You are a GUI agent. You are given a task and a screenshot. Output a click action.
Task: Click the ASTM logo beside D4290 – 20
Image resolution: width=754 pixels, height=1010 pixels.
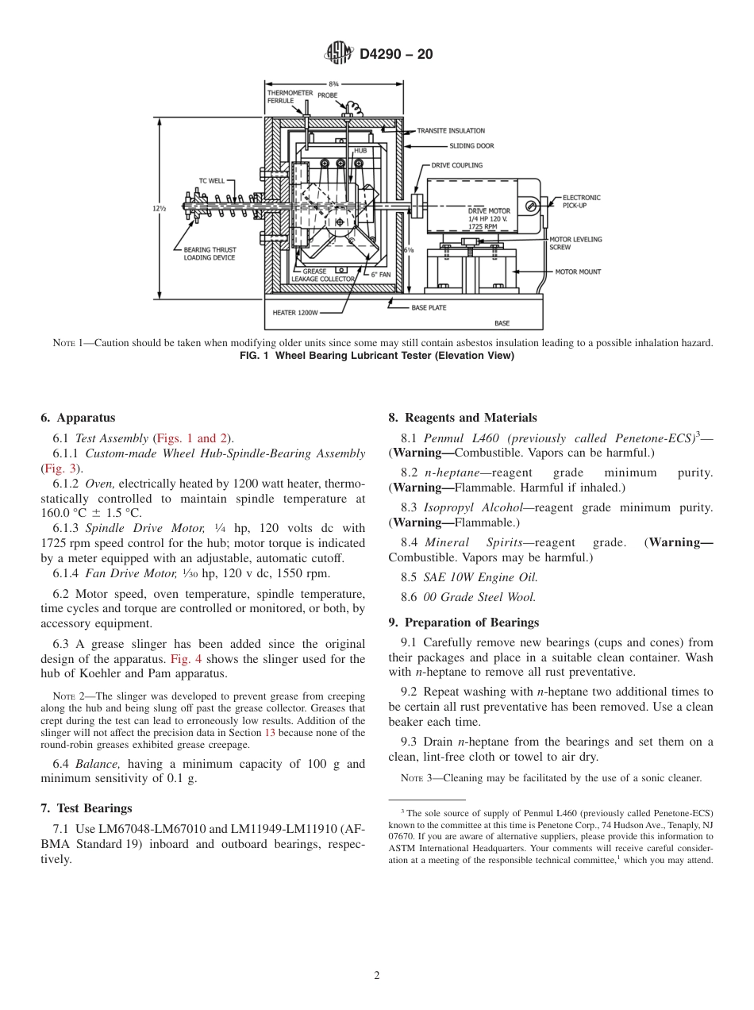[340, 54]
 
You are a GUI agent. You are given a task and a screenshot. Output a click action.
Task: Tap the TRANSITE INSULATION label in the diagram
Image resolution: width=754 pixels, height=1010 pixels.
[451, 130]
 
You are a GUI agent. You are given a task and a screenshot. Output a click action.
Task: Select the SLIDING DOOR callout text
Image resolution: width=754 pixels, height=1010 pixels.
[471, 146]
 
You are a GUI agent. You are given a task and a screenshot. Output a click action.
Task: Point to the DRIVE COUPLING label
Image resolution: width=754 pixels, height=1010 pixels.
[457, 166]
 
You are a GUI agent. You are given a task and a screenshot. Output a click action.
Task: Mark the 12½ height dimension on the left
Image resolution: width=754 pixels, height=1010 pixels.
[160, 208]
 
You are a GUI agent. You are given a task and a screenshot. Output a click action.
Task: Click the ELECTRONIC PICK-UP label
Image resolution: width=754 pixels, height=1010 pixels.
[581, 202]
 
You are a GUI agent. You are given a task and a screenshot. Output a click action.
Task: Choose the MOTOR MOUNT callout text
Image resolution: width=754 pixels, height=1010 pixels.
[578, 272]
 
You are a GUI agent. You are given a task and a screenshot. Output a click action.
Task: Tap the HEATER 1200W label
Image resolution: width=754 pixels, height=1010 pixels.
[295, 313]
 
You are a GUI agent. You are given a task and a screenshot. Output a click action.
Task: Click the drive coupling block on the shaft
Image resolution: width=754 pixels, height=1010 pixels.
[416, 206]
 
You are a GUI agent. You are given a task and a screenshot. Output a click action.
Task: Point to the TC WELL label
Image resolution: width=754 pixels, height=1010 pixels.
[211, 180]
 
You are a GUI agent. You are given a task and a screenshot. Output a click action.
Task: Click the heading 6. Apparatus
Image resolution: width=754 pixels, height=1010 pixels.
[78, 418]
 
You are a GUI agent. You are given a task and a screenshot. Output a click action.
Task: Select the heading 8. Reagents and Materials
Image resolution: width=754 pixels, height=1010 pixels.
[462, 418]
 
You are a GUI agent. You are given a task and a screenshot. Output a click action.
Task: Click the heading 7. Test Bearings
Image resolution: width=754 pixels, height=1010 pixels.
[86, 808]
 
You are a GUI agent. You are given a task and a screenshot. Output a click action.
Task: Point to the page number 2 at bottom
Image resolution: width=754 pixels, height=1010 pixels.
[377, 976]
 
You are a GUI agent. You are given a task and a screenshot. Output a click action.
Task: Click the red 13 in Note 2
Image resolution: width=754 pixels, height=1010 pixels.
[270, 733]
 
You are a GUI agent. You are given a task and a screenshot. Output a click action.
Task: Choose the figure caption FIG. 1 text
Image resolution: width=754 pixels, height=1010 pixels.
[377, 355]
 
